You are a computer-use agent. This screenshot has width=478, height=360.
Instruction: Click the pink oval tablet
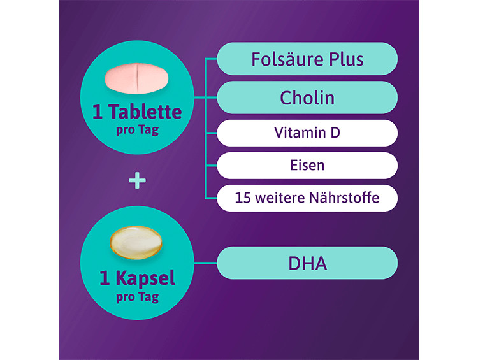[x=136, y=78]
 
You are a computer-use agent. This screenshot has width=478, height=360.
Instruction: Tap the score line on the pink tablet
[x=137, y=78]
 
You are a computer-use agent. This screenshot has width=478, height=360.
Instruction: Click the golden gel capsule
[x=136, y=243]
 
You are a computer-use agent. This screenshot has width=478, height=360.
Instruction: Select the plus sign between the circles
[x=137, y=180]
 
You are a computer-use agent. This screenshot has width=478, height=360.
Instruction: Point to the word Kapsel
[x=145, y=278]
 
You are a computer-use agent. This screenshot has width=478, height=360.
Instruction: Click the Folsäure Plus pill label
[x=307, y=59]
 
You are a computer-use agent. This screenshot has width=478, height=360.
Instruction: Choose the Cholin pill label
[x=307, y=97]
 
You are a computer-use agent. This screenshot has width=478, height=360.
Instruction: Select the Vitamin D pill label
[x=307, y=133]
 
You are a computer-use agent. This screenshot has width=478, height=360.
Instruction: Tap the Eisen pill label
[x=307, y=166]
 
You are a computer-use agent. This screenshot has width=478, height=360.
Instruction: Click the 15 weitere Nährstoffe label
[x=307, y=198]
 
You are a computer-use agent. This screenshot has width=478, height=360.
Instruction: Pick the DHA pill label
[x=307, y=263]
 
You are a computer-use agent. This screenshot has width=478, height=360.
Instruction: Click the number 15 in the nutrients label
[x=243, y=198]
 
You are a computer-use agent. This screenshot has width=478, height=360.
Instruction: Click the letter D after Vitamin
[x=335, y=133]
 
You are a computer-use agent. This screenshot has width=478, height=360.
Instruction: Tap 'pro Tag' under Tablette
[x=138, y=130]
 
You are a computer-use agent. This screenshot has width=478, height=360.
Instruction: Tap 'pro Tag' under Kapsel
[x=138, y=297]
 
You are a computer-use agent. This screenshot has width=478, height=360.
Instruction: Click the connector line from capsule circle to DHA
[x=206, y=263]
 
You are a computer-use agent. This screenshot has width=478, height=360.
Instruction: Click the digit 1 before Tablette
[x=98, y=112]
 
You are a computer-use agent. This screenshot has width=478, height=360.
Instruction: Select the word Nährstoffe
[x=344, y=198]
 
